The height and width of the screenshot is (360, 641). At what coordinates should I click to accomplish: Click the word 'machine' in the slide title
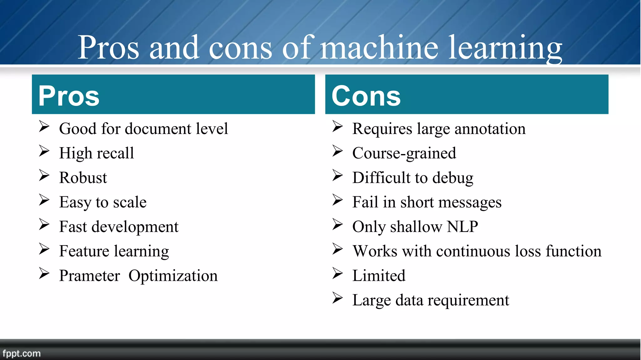[379, 48]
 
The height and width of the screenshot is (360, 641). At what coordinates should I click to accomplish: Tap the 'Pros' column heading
[69, 96]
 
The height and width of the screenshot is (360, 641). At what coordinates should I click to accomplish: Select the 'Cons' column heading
[366, 96]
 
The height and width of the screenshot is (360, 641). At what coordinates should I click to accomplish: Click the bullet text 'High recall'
[96, 153]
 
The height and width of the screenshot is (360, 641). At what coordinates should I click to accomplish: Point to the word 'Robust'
[83, 177]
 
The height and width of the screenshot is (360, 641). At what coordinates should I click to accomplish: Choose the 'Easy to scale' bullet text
[103, 202]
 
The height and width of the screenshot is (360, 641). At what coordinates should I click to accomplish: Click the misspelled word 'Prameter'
[90, 276]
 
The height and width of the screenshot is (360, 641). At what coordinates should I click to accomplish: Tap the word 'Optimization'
[173, 276]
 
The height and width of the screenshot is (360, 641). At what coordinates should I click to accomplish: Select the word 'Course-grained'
[404, 153]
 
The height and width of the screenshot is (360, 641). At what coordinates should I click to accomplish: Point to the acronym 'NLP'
[462, 226]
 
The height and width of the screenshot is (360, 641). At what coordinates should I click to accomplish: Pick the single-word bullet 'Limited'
[379, 275]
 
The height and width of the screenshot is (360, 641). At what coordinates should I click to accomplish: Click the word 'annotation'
[490, 129]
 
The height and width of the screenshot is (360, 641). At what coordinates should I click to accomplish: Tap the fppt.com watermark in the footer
[22, 353]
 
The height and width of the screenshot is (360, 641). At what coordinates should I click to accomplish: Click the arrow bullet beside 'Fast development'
[44, 224]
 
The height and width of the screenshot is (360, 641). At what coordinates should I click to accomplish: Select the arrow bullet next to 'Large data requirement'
[337, 298]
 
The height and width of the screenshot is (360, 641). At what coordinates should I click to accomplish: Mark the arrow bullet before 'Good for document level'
[44, 126]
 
